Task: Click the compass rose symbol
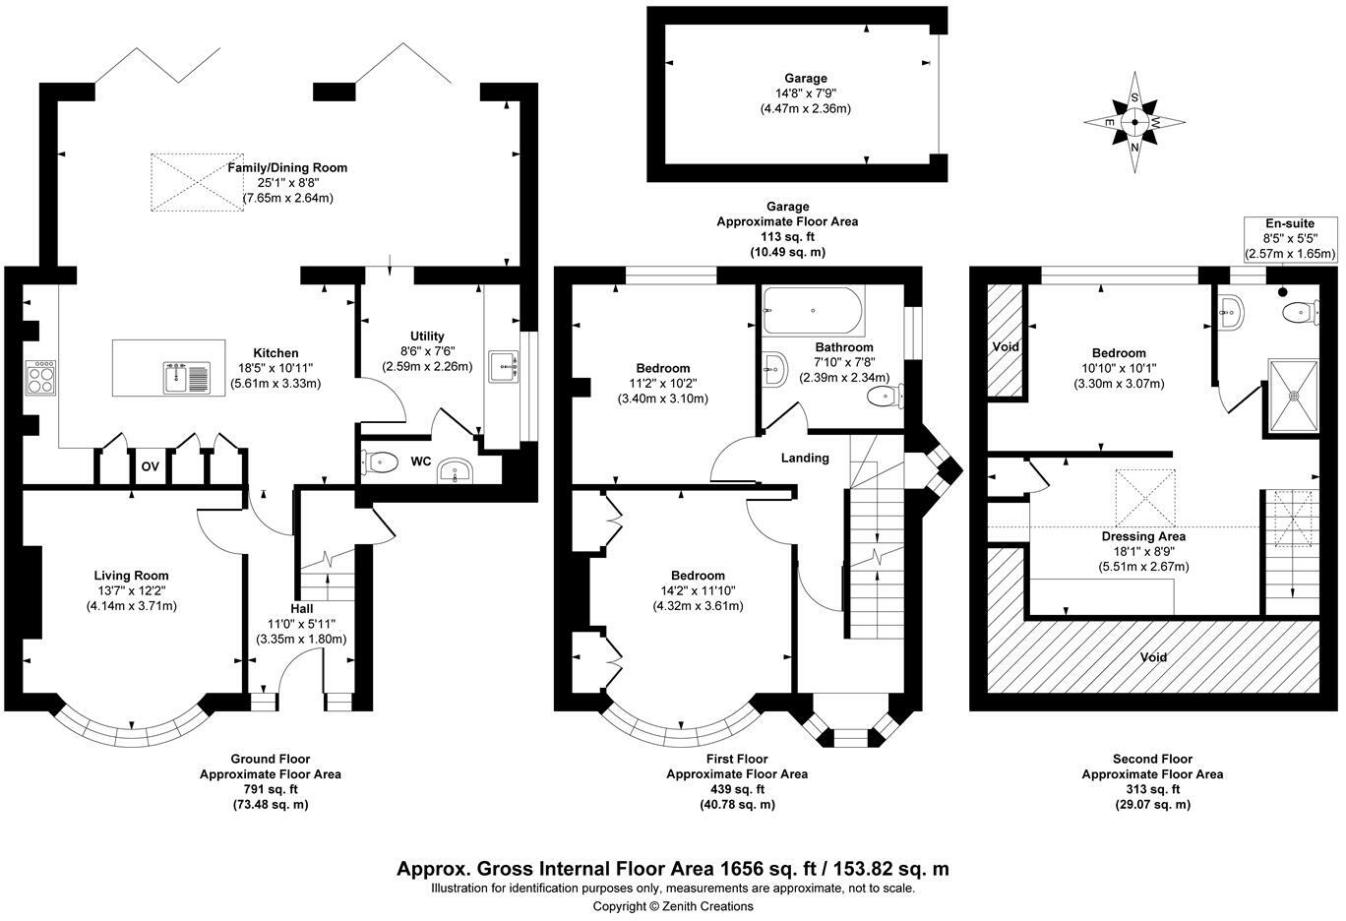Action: (x=1135, y=123)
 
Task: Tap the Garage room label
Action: (x=805, y=79)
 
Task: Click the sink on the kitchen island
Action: (x=186, y=376)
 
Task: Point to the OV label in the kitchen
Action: (x=151, y=466)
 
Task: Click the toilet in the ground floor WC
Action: (x=380, y=461)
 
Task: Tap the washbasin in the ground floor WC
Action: (x=455, y=471)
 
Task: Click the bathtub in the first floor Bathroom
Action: (x=813, y=311)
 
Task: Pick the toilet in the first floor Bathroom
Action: (x=887, y=398)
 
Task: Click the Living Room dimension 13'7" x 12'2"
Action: (x=131, y=591)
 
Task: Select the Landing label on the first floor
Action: (x=805, y=459)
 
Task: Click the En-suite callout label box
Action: (x=1290, y=238)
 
